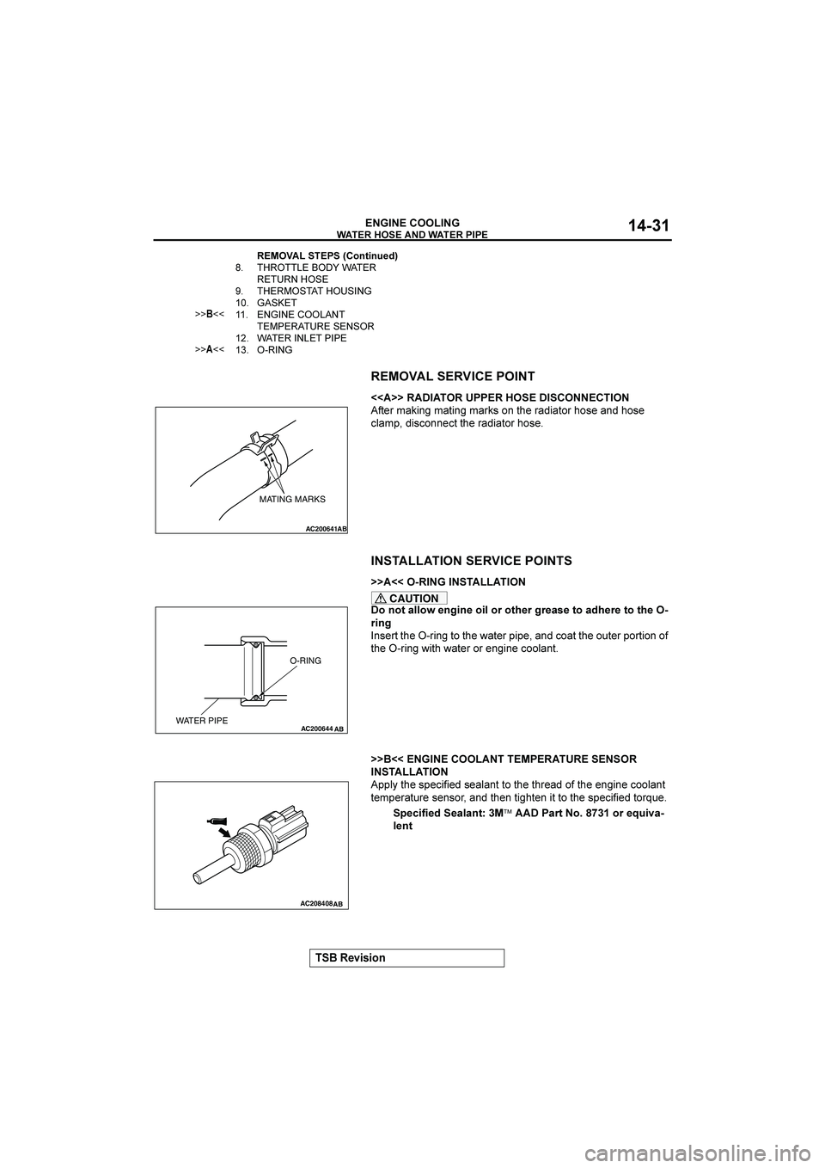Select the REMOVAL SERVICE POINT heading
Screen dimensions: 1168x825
point(452,376)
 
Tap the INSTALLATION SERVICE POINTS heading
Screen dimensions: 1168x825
point(471,561)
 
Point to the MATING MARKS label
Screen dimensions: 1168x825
point(293,499)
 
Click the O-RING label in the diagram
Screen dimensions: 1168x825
point(305,660)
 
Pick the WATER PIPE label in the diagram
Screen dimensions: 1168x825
point(202,721)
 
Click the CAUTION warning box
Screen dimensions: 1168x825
point(409,599)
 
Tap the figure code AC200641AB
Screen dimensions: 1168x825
point(326,528)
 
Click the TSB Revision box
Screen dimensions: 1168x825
point(406,958)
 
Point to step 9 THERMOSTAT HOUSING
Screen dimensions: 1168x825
point(314,292)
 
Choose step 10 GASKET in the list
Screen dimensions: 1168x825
point(277,304)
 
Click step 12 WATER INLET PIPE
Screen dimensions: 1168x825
point(302,338)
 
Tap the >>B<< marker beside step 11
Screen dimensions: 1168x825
point(210,316)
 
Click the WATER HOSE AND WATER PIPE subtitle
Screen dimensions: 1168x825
point(412,235)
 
